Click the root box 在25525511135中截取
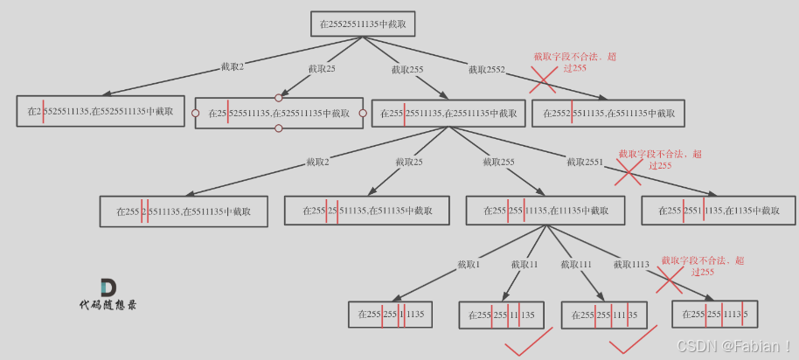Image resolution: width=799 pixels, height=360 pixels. coord(360,24)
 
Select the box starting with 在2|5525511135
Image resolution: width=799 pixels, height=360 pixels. coord(100,111)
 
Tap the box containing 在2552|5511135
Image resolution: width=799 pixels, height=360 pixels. coord(608,114)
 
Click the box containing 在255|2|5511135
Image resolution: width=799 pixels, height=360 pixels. coord(184,211)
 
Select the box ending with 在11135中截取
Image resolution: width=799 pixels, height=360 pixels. coord(545,211)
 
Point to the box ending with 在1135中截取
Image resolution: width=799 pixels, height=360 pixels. coord(719,211)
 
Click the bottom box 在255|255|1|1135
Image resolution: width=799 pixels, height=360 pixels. coord(391,315)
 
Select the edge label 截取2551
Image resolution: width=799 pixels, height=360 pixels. coord(585,162)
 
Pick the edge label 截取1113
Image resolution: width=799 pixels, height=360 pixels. coord(631,265)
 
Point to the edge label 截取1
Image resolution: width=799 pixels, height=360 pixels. coord(469,265)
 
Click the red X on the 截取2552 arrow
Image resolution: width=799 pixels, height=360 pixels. coord(543,80)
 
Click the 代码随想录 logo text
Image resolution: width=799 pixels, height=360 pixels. coord(108,305)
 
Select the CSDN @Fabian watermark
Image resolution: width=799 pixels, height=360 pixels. coord(734,346)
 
